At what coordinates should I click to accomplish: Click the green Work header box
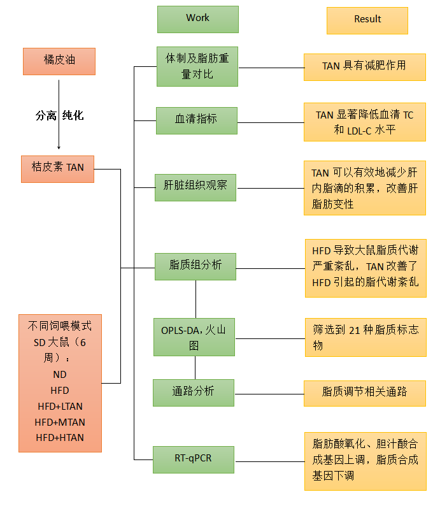(x=197, y=19)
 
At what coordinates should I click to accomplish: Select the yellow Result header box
(x=367, y=20)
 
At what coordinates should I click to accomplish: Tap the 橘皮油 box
(x=59, y=62)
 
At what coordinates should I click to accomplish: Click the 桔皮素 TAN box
(x=57, y=168)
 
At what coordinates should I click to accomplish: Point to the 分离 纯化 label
(x=59, y=115)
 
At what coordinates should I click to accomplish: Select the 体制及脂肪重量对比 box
(x=197, y=66)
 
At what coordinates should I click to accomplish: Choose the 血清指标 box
(x=196, y=120)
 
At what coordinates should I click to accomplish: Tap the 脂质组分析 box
(x=195, y=266)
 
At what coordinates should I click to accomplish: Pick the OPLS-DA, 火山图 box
(x=194, y=337)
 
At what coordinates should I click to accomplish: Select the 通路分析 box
(x=194, y=392)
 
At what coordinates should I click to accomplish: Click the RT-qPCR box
(x=194, y=459)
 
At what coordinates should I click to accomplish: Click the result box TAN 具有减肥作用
(x=364, y=66)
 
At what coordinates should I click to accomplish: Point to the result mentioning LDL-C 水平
(x=364, y=122)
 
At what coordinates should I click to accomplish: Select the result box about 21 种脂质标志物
(x=365, y=337)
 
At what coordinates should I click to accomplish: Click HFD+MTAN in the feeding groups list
(x=60, y=422)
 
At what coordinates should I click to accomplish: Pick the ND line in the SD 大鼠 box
(x=60, y=374)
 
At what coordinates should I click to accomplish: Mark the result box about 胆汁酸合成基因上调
(x=365, y=459)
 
